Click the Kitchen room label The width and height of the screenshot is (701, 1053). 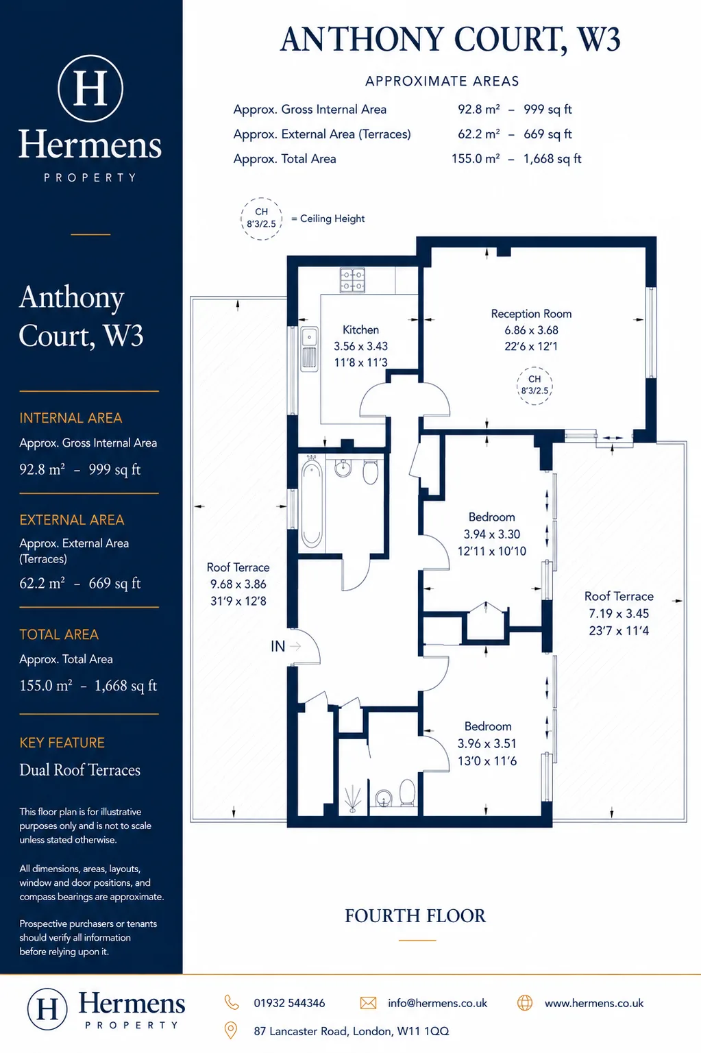tap(360, 330)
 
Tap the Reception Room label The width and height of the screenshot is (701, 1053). tap(531, 314)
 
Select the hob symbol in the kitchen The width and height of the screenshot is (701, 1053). tap(353, 280)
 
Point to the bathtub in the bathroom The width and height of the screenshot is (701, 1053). tap(311, 504)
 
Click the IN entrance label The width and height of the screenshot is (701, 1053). tap(278, 646)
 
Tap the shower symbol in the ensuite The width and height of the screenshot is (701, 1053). tap(352, 800)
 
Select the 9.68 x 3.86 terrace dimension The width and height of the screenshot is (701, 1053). tap(238, 584)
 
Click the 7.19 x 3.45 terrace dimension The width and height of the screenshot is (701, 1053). tap(619, 613)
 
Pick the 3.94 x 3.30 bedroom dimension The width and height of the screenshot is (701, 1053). tap(492, 534)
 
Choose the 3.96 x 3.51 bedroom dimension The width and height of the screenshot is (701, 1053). tap(487, 744)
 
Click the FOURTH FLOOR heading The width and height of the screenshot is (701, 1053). tap(415, 916)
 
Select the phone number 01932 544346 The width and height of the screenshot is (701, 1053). tap(289, 1003)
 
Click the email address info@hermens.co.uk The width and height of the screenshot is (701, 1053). tap(437, 1003)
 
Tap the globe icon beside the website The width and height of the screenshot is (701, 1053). tap(525, 1003)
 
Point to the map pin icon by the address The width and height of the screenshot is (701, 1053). tap(230, 1030)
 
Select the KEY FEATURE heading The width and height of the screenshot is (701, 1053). tap(62, 743)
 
